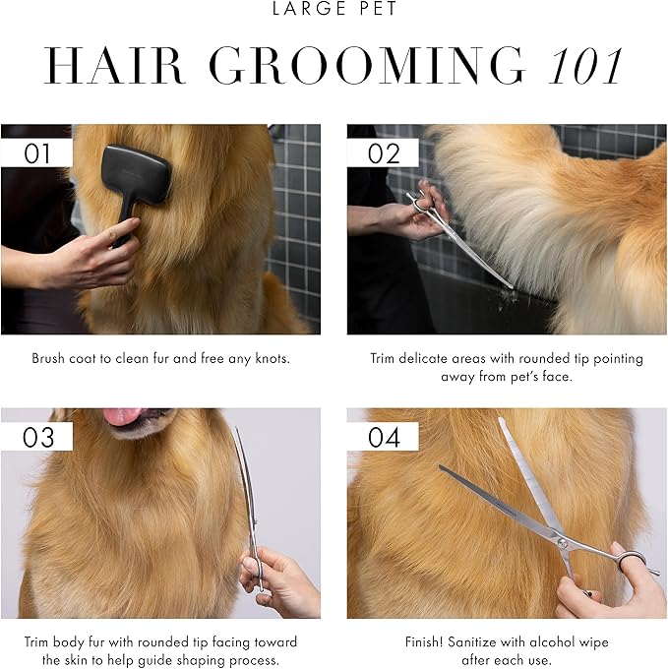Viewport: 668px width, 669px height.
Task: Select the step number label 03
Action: (37, 436)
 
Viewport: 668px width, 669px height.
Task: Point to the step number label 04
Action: (383, 436)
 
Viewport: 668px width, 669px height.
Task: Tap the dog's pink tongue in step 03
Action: (123, 416)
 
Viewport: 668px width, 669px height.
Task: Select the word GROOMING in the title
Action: (368, 66)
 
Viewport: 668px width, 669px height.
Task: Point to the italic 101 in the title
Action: (585, 66)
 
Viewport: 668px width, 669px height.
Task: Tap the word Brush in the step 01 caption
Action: (49, 359)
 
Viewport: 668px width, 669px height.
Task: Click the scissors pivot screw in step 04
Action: (563, 542)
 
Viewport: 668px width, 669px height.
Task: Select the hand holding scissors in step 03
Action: (280, 580)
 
